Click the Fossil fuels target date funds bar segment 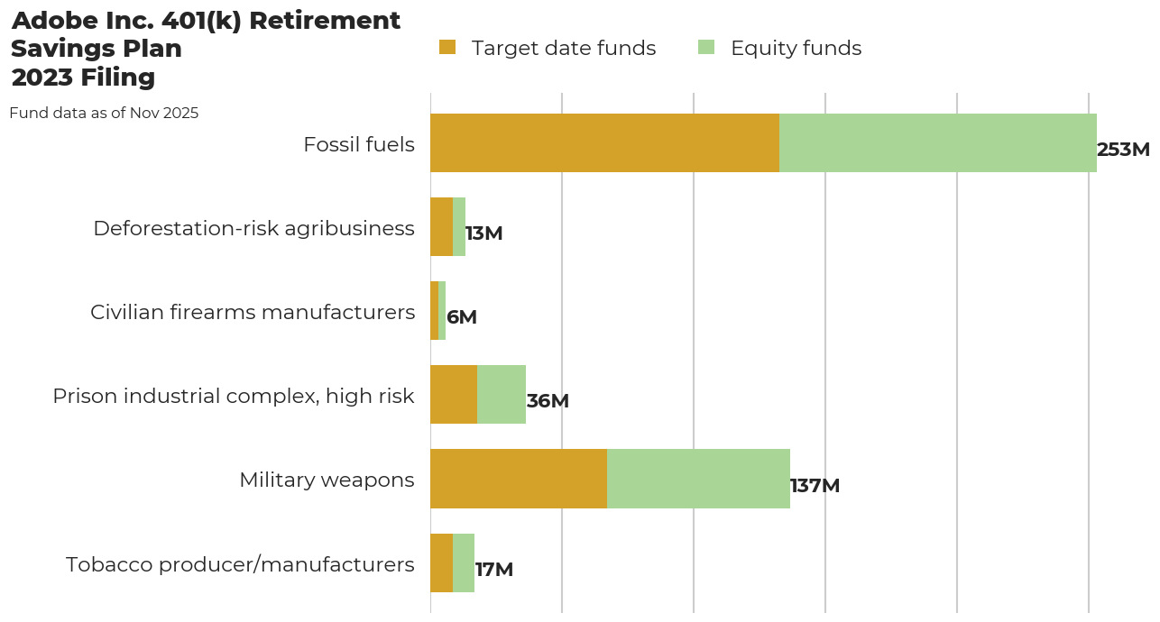pyautogui.click(x=604, y=142)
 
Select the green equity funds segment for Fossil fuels pyautogui.click(x=938, y=142)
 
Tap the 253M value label pyautogui.click(x=1123, y=150)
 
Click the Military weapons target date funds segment pyautogui.click(x=519, y=479)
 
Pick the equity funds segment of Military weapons pyautogui.click(x=698, y=479)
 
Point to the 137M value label pyautogui.click(x=815, y=486)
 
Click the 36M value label pyautogui.click(x=548, y=401)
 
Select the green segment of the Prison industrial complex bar pyautogui.click(x=502, y=394)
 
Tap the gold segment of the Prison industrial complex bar pyautogui.click(x=454, y=394)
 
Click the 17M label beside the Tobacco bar pyautogui.click(x=493, y=570)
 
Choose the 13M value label pyautogui.click(x=483, y=233)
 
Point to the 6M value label pyautogui.click(x=461, y=317)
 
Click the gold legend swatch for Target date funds pyautogui.click(x=447, y=47)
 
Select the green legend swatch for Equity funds pyautogui.click(x=706, y=47)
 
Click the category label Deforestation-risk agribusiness pyautogui.click(x=253, y=228)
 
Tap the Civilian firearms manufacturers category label pyautogui.click(x=253, y=312)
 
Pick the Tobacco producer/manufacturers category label pyautogui.click(x=240, y=564)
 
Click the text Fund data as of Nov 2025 pyautogui.click(x=104, y=113)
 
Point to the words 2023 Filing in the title pyautogui.click(x=83, y=78)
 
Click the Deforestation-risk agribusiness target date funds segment pyautogui.click(x=441, y=226)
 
